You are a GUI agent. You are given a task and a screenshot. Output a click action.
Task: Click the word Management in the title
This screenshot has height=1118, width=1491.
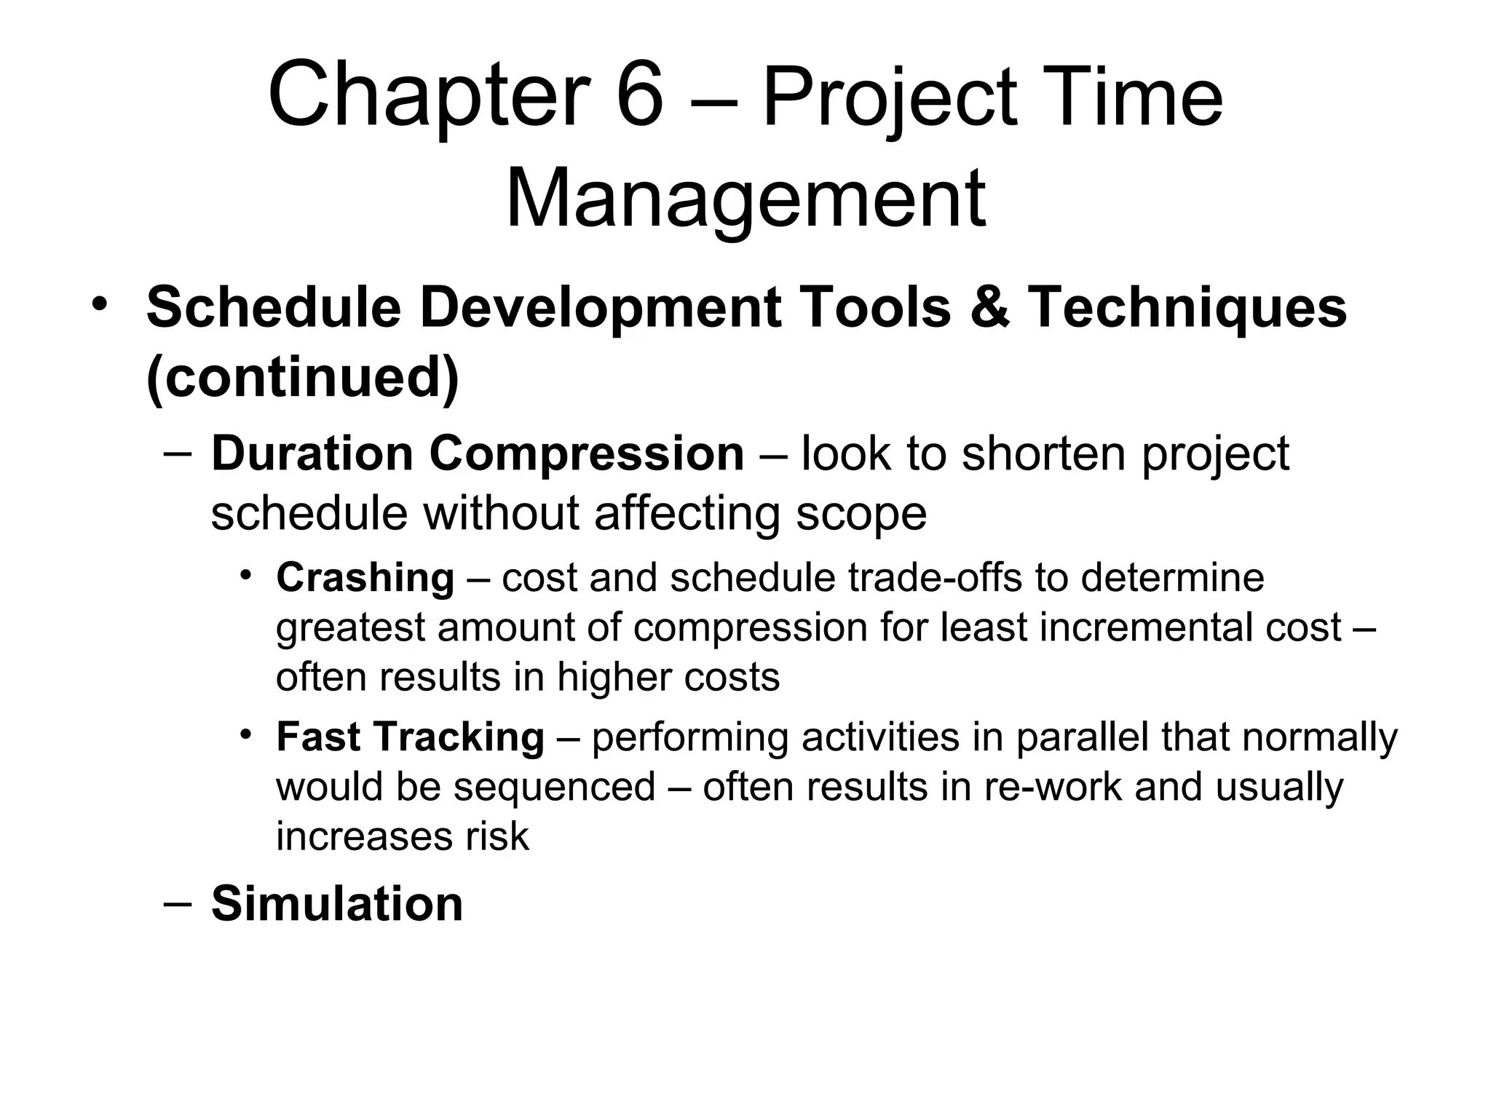tap(745, 198)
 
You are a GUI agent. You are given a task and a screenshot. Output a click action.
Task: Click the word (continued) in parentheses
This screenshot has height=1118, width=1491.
tap(303, 377)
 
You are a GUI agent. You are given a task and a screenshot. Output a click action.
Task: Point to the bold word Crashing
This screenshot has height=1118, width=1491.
tap(365, 578)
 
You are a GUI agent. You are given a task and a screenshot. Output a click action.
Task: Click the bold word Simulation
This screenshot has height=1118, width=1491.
tap(337, 904)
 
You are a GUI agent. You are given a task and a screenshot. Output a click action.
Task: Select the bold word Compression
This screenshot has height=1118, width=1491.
tap(587, 454)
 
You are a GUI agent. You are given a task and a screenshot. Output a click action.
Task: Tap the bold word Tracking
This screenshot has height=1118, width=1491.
tap(459, 737)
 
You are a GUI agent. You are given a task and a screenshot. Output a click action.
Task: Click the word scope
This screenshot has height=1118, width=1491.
tap(861, 513)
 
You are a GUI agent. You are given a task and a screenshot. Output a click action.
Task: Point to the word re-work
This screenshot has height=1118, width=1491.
tap(1053, 787)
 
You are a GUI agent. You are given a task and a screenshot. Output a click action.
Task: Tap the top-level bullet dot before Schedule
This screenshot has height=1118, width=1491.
tap(100, 304)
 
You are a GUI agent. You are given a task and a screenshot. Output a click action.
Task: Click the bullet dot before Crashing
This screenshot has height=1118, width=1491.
tap(247, 575)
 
